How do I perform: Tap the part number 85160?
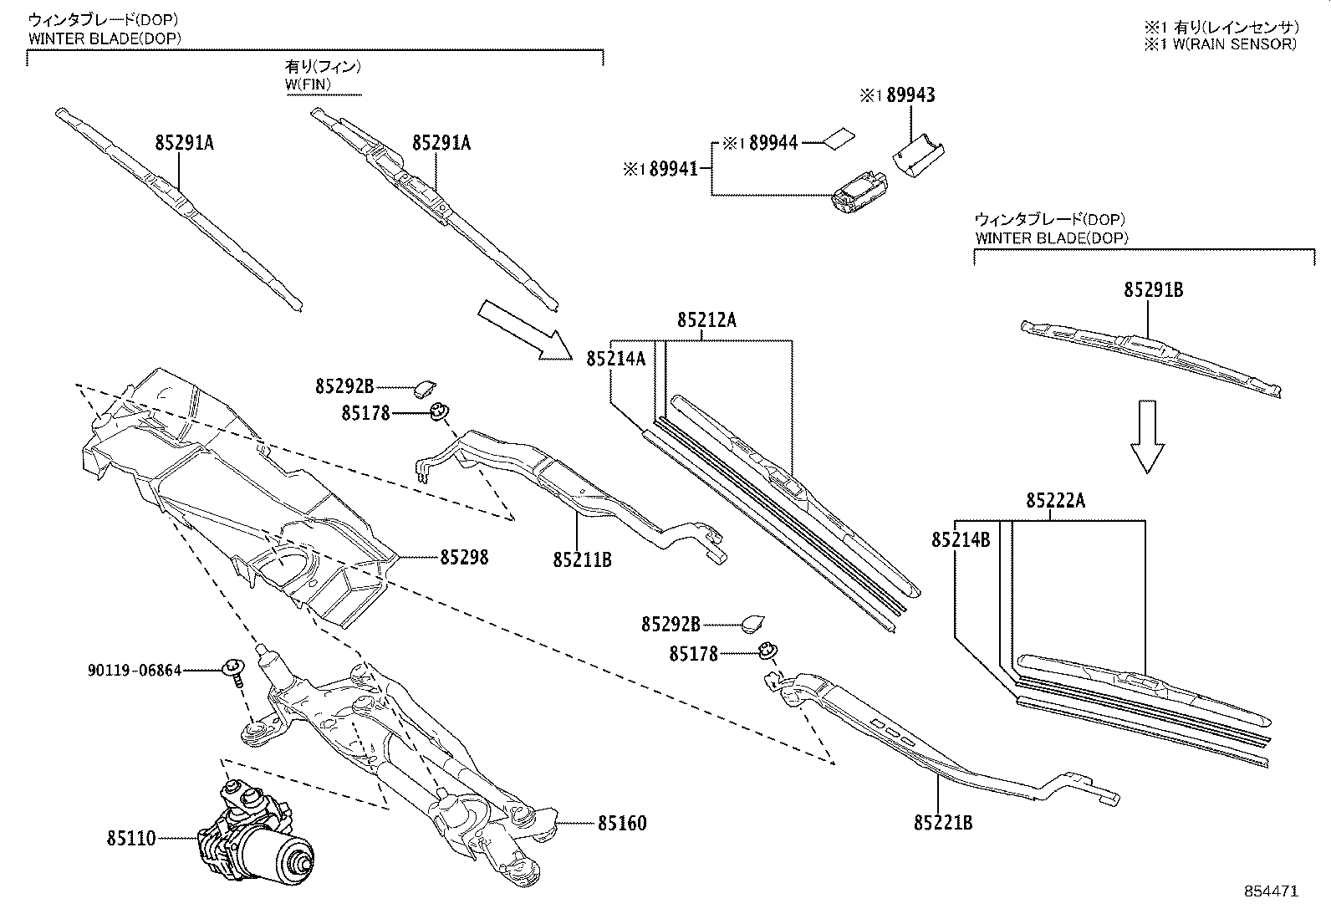coord(621,824)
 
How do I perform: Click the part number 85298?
coord(464,557)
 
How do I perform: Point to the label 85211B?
coord(582,559)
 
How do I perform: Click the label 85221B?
coord(942,823)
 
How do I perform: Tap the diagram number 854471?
coord(1271,892)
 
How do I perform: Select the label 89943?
coord(910,95)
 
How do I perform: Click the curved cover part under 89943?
coord(917,155)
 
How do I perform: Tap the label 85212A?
coord(706,320)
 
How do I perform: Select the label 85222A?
coord(1055,501)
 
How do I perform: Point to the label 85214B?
coord(961,540)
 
